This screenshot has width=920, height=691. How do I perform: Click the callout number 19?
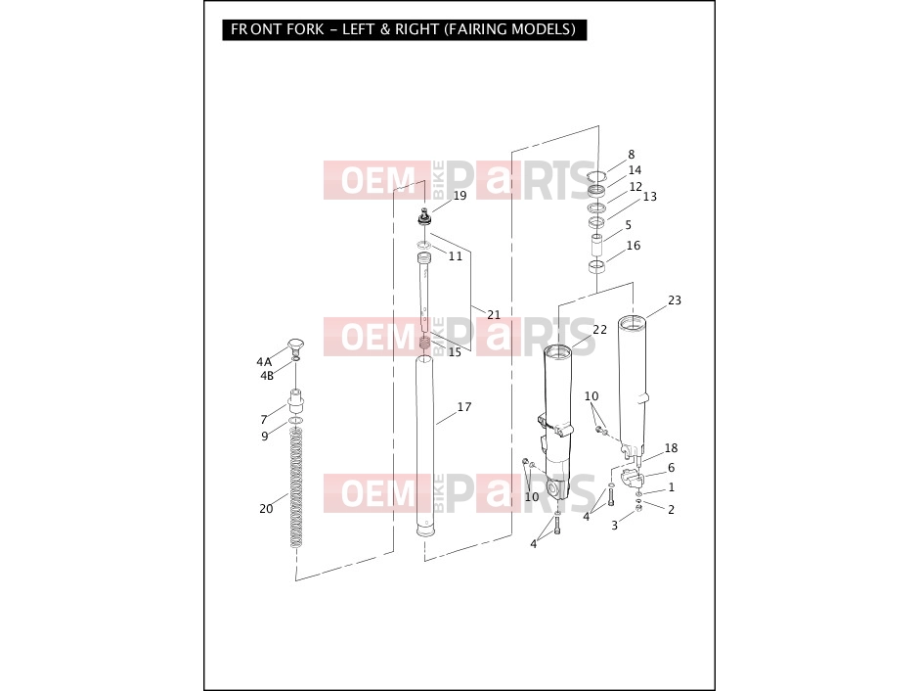coord(460,196)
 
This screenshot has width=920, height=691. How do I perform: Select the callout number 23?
coord(675,300)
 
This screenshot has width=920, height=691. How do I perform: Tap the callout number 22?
coord(599,330)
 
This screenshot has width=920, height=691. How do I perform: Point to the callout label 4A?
coord(264,362)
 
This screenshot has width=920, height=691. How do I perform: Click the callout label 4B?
coord(267,376)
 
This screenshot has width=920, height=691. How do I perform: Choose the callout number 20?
coord(266,508)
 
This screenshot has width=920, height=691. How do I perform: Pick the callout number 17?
coord(464,406)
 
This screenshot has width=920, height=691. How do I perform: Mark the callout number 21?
coord(494,315)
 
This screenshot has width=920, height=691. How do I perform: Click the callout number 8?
coord(632,155)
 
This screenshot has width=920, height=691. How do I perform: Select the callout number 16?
coord(634,246)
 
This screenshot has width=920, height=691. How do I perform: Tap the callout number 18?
coord(672,448)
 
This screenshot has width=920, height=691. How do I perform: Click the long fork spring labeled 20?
coord(297,487)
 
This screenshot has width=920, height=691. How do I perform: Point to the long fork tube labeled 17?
coord(425,445)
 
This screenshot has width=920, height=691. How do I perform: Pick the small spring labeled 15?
coord(424,343)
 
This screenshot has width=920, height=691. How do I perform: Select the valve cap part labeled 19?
coord(424,217)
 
